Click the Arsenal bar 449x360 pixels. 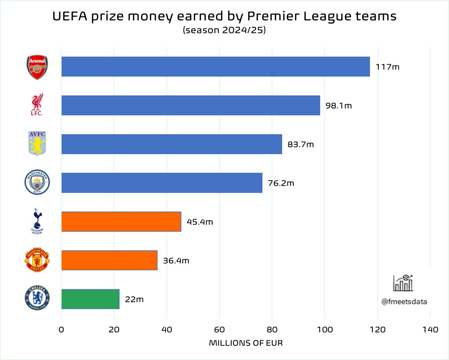(x=215, y=67)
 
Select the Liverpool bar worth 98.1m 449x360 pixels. (x=190, y=105)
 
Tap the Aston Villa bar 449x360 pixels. (x=171, y=144)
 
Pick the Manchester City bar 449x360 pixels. (x=162, y=183)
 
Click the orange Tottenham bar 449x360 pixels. (x=121, y=222)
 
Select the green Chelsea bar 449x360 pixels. (x=90, y=299)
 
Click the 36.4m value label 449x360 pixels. (x=176, y=261)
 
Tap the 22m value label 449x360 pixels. (x=134, y=299)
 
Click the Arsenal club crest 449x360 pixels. (x=37, y=67)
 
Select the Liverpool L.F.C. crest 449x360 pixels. (x=37, y=105)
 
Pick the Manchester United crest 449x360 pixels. (x=37, y=260)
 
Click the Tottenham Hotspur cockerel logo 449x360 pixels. (x=37, y=222)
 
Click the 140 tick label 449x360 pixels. (x=430, y=330)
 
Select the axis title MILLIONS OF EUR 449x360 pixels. (x=246, y=343)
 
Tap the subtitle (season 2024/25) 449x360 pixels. (x=224, y=31)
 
